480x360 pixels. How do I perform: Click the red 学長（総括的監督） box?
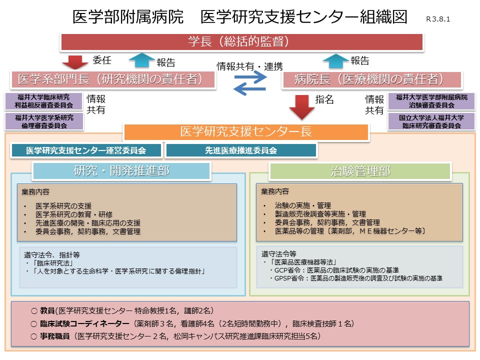pyautogui.click(x=242, y=41)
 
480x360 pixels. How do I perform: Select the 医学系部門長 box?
pyautogui.click(x=113, y=79)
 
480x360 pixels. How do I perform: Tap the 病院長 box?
pyautogui.click(x=372, y=79)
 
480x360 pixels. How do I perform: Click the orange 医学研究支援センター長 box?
pyautogui.click(x=246, y=132)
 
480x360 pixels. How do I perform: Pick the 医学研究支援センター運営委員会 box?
pyautogui.click(x=86, y=150)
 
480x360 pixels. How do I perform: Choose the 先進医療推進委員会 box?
pyautogui.click(x=241, y=150)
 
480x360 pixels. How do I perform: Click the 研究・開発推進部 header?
pyautogui.click(x=121, y=171)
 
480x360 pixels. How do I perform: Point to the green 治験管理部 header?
pyautogui.click(x=360, y=171)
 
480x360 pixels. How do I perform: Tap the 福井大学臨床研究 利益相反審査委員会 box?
pyautogui.click(x=44, y=101)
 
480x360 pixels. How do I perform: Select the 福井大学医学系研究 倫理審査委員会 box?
pyautogui.click(x=44, y=121)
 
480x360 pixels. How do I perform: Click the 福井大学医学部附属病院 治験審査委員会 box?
pyautogui.click(x=431, y=101)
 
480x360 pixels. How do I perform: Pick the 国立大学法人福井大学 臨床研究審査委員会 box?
pyautogui.click(x=431, y=121)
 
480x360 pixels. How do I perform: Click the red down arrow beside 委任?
pyautogui.click(x=75, y=62)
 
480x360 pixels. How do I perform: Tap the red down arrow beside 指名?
pyautogui.click(x=302, y=107)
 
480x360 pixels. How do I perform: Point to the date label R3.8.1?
pyautogui.click(x=438, y=19)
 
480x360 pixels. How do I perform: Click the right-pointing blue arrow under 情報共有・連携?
pyautogui.click(x=250, y=77)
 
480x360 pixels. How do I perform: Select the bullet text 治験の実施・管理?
pyautogui.click(x=303, y=205)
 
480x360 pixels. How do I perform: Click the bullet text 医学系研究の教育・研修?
pyautogui.click(x=74, y=214)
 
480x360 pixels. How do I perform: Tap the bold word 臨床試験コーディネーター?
pyautogui.click(x=85, y=323)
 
